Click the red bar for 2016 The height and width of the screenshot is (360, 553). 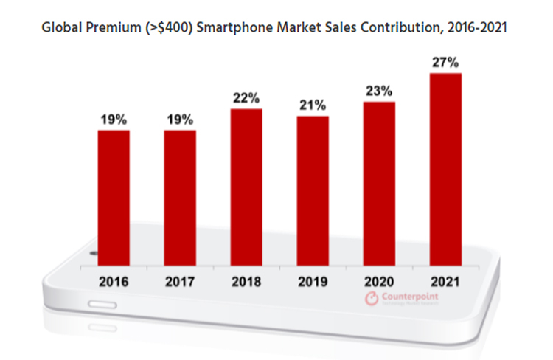click(114, 197)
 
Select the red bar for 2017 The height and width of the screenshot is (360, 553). click(180, 197)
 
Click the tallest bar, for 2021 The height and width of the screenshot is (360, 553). click(445, 169)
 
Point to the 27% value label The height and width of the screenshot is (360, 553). click(445, 62)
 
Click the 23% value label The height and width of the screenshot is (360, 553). click(379, 90)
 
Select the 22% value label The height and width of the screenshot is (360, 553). click(246, 97)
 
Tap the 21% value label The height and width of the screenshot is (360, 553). click(313, 105)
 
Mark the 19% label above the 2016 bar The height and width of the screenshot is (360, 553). click(114, 119)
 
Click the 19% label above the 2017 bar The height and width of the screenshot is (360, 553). click(180, 119)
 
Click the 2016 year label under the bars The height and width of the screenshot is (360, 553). click(114, 280)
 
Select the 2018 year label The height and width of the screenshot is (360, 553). click(246, 280)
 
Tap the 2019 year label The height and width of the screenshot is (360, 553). click(313, 280)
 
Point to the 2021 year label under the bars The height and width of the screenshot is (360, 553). click(445, 280)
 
